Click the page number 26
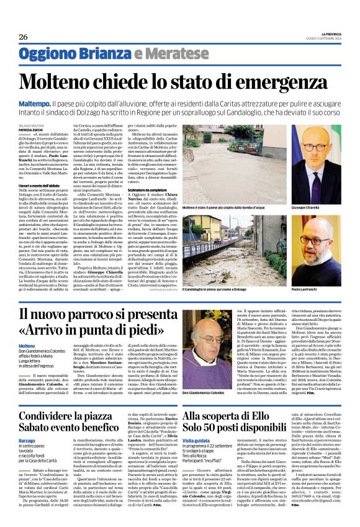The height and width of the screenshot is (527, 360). click(23, 37)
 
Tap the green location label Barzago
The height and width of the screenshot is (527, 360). click(27, 438)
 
